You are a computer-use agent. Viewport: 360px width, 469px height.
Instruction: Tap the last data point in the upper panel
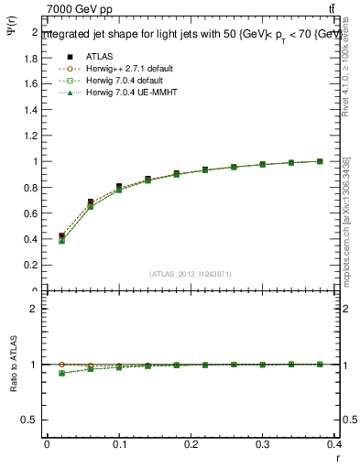(320, 161)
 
